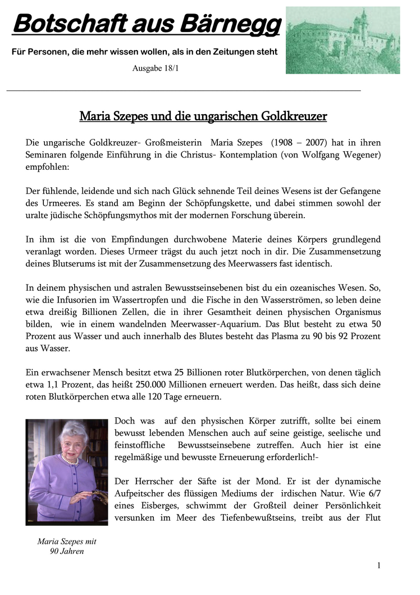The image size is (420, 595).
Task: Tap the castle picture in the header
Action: pyautogui.click(x=343, y=40)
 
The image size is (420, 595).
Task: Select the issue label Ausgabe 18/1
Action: pyautogui.click(x=156, y=69)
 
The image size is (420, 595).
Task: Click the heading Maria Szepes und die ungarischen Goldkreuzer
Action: pyautogui.click(x=203, y=117)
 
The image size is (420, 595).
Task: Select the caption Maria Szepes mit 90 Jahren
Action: pyautogui.click(x=67, y=546)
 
